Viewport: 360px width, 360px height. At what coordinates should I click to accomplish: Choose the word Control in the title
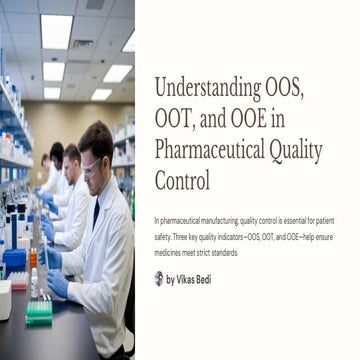(182, 183)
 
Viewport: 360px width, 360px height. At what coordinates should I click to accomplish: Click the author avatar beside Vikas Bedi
(159, 278)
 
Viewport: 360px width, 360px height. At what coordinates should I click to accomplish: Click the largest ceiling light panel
(55, 30)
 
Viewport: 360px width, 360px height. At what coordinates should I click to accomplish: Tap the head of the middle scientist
(71, 158)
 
